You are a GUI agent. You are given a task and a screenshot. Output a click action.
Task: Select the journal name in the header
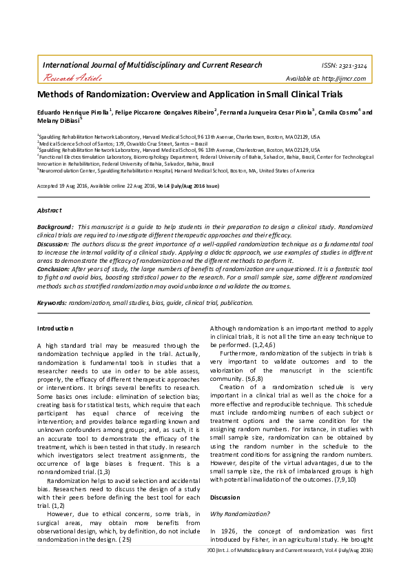152,65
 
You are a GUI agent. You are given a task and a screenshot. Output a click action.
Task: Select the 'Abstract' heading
49,210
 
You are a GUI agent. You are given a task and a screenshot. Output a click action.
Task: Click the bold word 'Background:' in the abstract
55,227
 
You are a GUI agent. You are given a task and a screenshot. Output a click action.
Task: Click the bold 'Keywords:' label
52,302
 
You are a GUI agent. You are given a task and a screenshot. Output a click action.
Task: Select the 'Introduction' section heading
55,328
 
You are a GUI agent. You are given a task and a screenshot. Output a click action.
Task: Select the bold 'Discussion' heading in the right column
226,497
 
